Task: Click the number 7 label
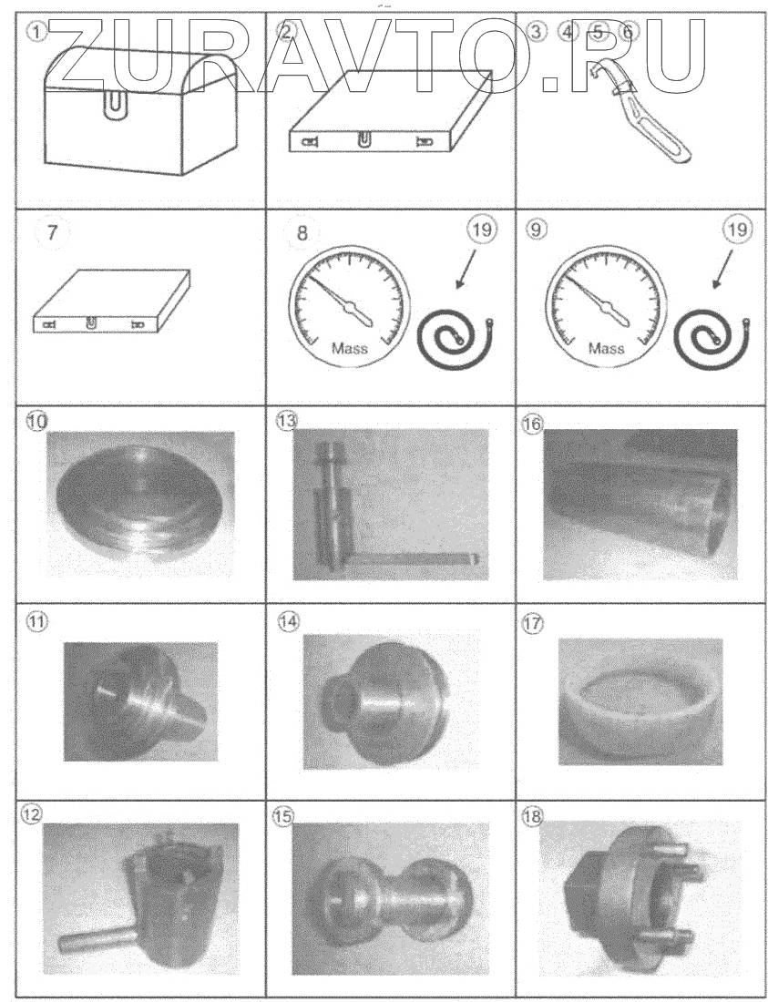(x=52, y=231)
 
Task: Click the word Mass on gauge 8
(x=350, y=348)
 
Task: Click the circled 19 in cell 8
(x=484, y=230)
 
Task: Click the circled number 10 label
(x=38, y=419)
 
